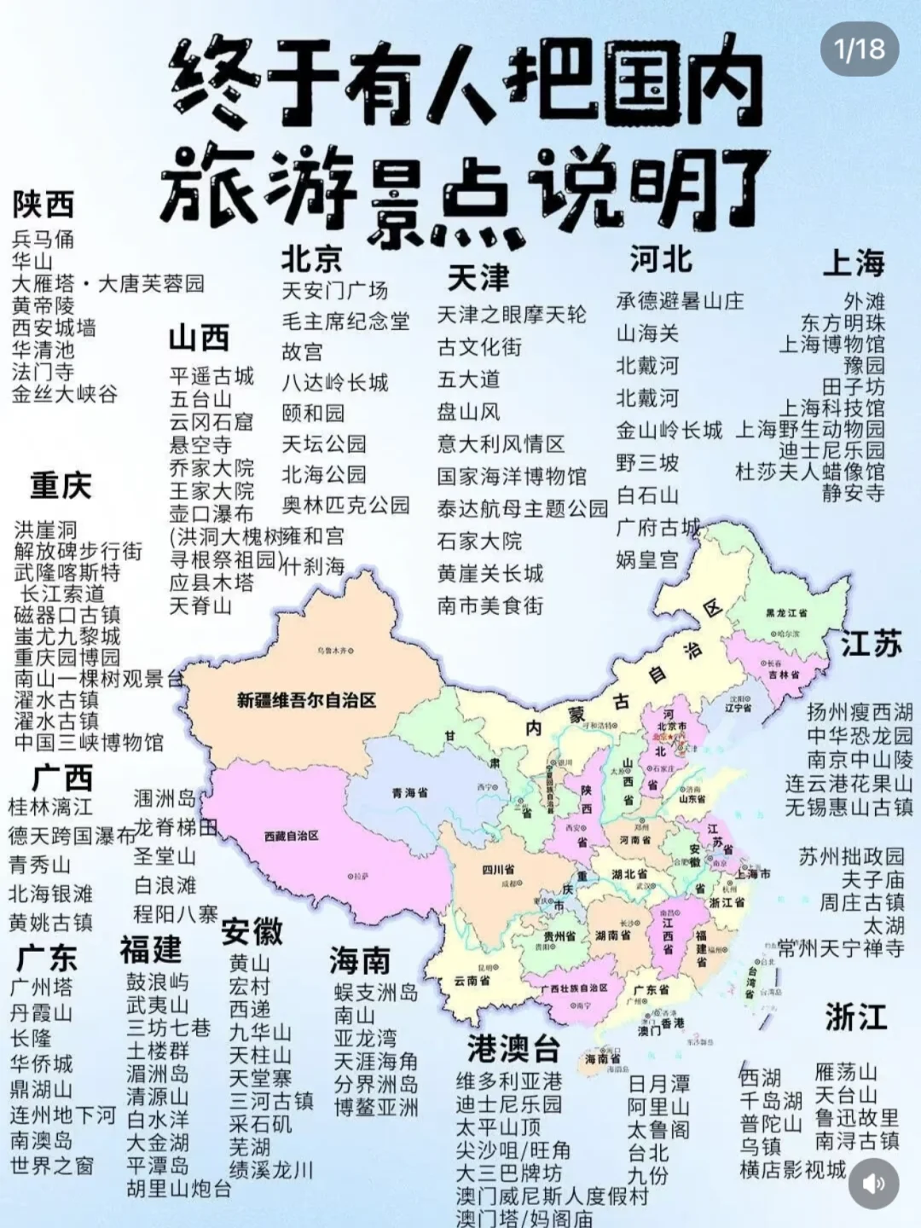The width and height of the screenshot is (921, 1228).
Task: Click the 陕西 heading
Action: [x=43, y=205]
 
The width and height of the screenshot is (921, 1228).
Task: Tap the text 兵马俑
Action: [x=43, y=240]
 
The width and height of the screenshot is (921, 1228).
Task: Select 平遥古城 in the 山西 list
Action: [x=211, y=376]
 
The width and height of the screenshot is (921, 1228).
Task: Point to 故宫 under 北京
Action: [x=303, y=352]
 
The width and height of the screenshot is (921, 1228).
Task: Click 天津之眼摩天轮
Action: [x=512, y=315]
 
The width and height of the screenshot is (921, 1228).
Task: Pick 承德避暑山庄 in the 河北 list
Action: [x=680, y=301]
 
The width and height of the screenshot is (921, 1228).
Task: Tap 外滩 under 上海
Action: [x=864, y=302]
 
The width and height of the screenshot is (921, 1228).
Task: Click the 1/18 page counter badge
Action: [x=860, y=49]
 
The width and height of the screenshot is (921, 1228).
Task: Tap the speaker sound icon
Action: [x=874, y=1184]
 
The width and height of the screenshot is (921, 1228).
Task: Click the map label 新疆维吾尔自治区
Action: [x=306, y=701]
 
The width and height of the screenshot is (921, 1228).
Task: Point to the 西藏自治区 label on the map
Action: [x=291, y=837]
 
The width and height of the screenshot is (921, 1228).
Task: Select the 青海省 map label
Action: [x=409, y=793]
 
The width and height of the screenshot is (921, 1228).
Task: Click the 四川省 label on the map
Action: [x=498, y=870]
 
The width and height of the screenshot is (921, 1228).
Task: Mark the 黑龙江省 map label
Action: [x=786, y=613]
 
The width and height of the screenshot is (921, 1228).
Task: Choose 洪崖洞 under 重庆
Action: [x=45, y=530]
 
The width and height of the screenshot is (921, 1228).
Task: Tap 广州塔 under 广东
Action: [x=42, y=988]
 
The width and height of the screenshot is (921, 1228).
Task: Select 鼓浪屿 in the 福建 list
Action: [x=158, y=982]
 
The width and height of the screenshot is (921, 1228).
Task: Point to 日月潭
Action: [x=658, y=1084]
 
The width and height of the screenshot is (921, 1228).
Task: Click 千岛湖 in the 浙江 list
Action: [x=770, y=1101]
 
